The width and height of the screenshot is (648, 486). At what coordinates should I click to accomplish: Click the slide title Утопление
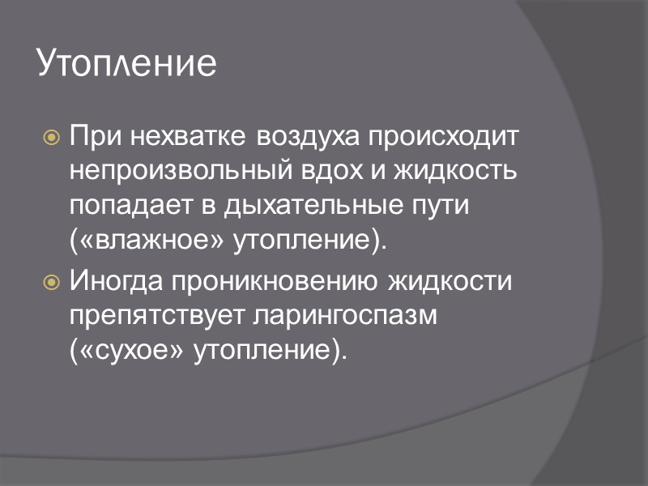[x=127, y=64]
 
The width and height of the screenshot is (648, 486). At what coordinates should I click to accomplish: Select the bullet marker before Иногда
[x=51, y=283]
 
